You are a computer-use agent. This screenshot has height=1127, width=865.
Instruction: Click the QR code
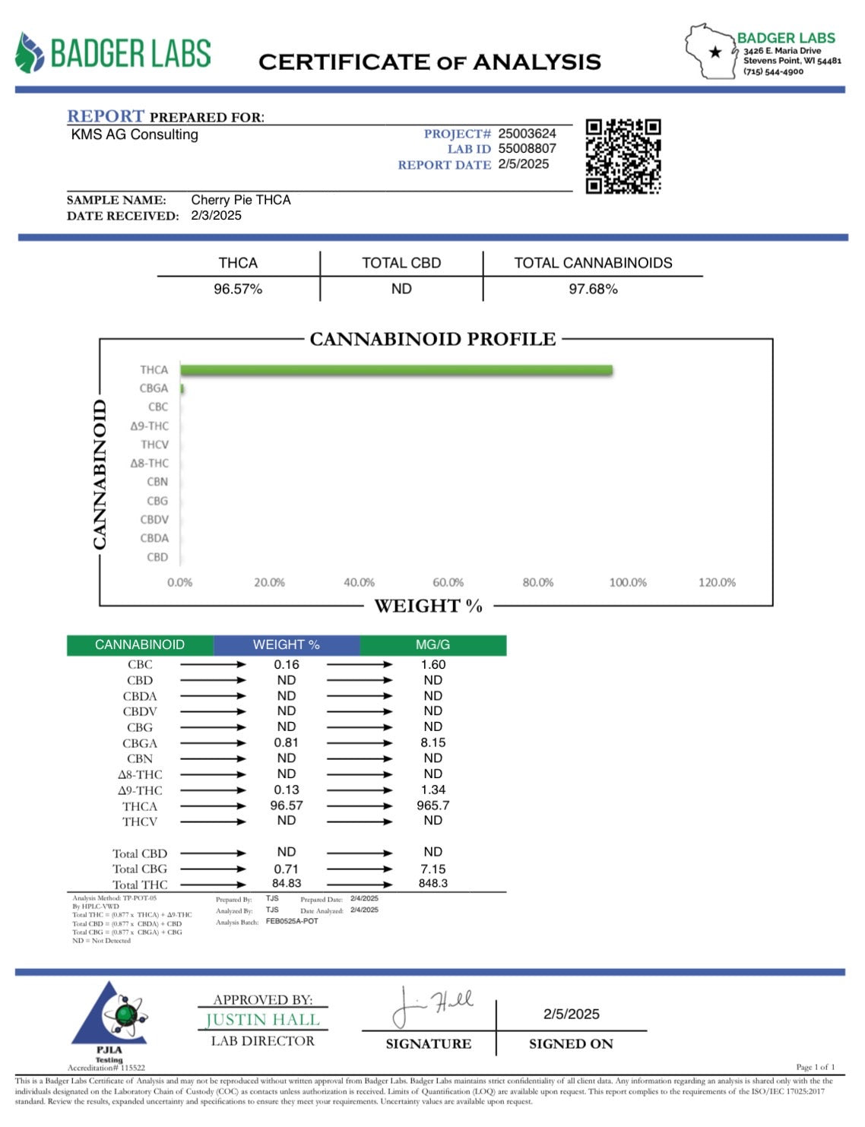click(x=623, y=156)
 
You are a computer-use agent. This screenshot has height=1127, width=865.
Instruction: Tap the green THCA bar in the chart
click(x=396, y=370)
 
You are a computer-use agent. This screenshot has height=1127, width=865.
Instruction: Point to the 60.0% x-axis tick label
click(x=448, y=582)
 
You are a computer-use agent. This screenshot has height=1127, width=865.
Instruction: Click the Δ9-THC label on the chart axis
click(x=149, y=426)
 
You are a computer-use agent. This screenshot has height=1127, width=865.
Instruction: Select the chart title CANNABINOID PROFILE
click(x=432, y=339)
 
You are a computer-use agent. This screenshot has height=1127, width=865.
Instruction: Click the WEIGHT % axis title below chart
click(x=428, y=606)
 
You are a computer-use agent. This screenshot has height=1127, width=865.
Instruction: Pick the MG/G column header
click(x=432, y=644)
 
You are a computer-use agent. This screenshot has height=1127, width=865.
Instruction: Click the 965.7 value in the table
click(x=432, y=806)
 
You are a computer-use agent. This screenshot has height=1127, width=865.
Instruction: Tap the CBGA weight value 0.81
click(x=287, y=742)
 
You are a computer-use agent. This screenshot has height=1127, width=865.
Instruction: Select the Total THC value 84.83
click(x=287, y=883)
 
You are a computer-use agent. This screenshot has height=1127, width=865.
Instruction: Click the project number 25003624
click(x=527, y=134)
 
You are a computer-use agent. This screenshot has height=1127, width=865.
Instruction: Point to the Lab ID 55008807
click(x=527, y=149)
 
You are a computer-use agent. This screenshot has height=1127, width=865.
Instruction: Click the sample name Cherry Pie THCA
click(x=241, y=200)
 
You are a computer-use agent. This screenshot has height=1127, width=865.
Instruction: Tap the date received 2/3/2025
click(x=216, y=216)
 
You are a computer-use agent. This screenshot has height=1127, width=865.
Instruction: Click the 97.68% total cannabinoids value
click(x=593, y=289)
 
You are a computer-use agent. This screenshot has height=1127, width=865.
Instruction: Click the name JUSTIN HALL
click(x=262, y=1020)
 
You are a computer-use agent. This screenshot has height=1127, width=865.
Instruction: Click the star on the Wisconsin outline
click(x=714, y=52)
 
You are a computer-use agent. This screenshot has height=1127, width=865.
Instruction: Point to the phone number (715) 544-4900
click(x=773, y=71)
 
